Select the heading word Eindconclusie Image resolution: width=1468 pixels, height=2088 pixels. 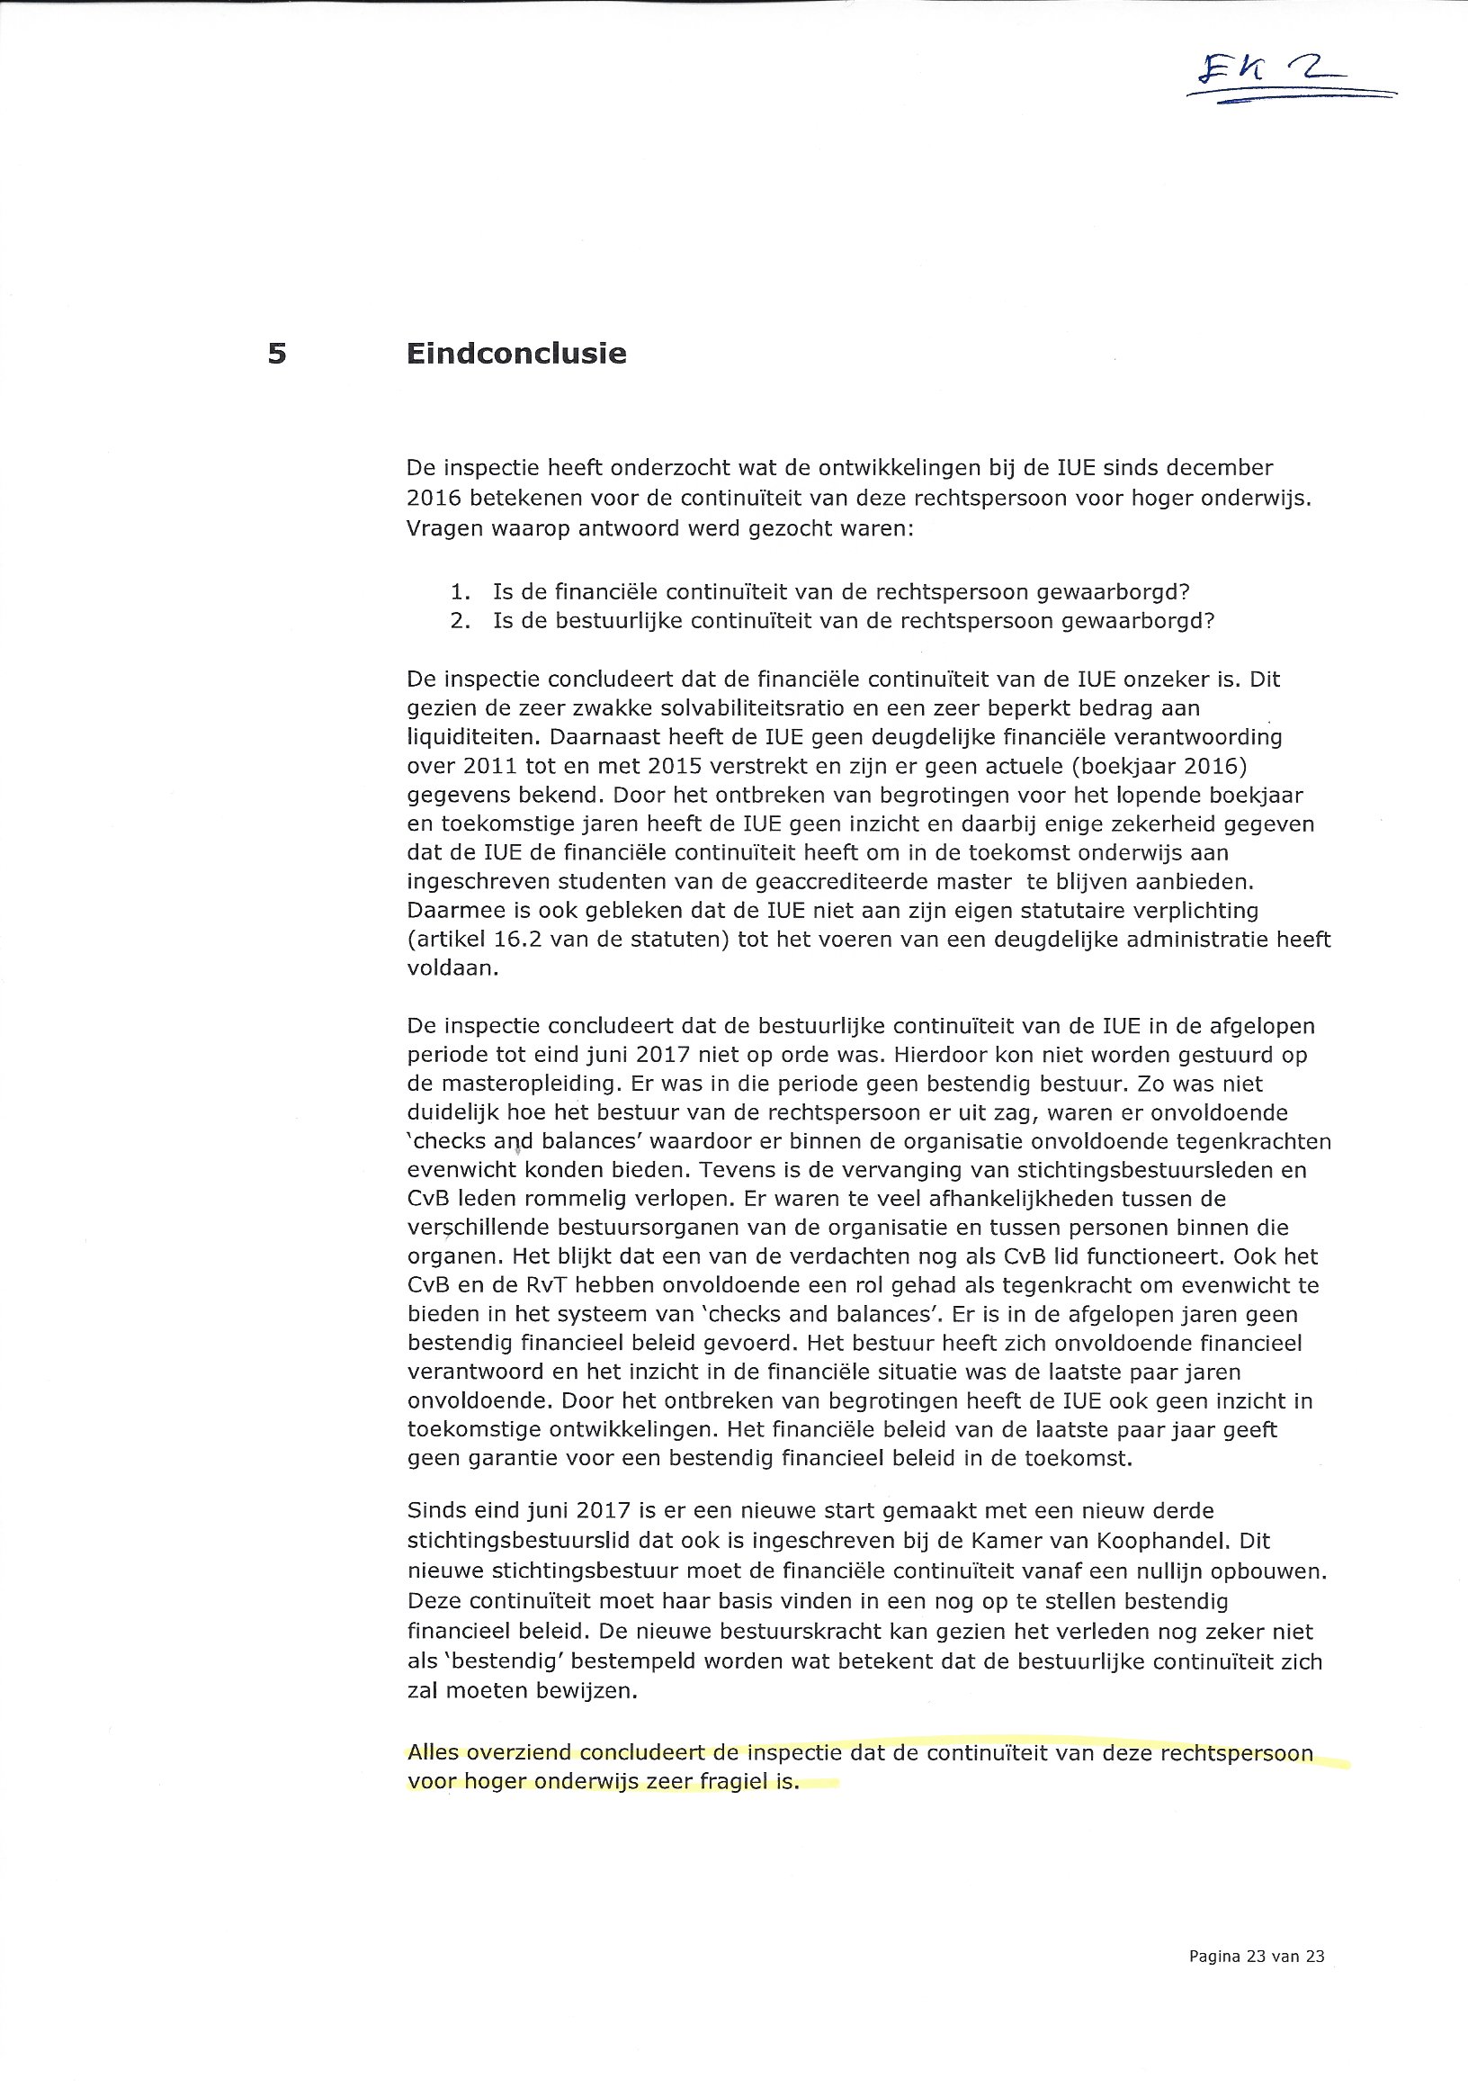click(516, 353)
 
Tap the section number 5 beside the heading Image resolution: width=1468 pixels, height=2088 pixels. click(277, 353)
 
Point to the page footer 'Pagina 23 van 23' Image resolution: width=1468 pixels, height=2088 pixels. click(1257, 1956)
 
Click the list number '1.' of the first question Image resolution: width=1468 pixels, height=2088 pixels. click(461, 592)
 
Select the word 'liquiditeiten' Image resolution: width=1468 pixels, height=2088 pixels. click(464, 736)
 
